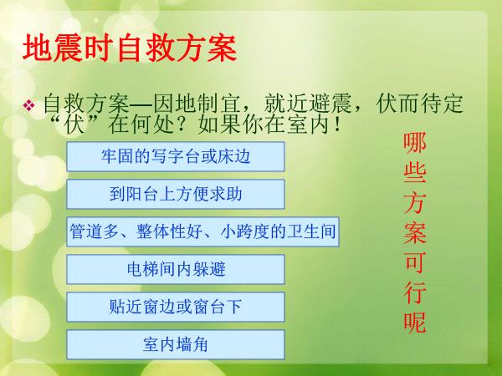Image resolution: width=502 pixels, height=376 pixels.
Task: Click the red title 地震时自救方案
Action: pyautogui.click(x=130, y=48)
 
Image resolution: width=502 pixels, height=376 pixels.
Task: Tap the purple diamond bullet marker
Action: pyautogui.click(x=28, y=105)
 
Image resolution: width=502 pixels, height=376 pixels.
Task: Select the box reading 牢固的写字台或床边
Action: pyautogui.click(x=176, y=157)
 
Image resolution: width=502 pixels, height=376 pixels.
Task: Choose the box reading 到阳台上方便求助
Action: pyautogui.click(x=176, y=194)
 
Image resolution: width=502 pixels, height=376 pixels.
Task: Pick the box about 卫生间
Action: pyautogui.click(x=202, y=231)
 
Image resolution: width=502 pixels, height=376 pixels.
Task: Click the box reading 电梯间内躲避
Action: pyautogui.click(x=176, y=269)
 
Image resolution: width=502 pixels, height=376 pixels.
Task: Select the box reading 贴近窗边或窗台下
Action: pyautogui.click(x=176, y=307)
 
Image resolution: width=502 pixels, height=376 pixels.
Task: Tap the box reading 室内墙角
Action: pyautogui.click(x=176, y=344)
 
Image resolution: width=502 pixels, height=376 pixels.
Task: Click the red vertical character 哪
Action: pyautogui.click(x=415, y=143)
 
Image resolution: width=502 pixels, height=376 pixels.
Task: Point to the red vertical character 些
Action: pyautogui.click(x=415, y=172)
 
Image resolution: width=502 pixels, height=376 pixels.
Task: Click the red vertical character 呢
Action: pyautogui.click(x=415, y=323)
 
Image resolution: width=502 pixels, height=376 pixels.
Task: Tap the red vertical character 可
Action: pyautogui.click(x=415, y=262)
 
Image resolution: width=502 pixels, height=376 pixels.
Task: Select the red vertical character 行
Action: pyautogui.click(x=415, y=292)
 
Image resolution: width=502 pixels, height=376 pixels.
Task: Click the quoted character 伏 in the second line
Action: pyautogui.click(x=75, y=124)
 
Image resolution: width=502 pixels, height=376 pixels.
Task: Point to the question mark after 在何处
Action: pyautogui.click(x=186, y=124)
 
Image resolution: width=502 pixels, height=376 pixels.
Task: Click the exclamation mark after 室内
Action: pyautogui.click(x=337, y=124)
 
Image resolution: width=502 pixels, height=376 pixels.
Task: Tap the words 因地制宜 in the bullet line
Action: pyautogui.click(x=197, y=104)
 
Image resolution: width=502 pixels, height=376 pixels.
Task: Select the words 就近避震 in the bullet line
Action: pyautogui.click(x=308, y=104)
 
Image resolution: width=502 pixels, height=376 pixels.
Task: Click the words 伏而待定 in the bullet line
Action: pyautogui.click(x=420, y=104)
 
